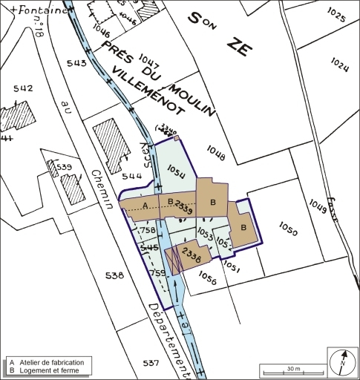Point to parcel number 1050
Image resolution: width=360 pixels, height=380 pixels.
click(288, 232)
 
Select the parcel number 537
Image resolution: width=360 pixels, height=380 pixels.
click(151, 363)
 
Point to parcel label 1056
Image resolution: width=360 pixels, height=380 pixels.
click(207, 280)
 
